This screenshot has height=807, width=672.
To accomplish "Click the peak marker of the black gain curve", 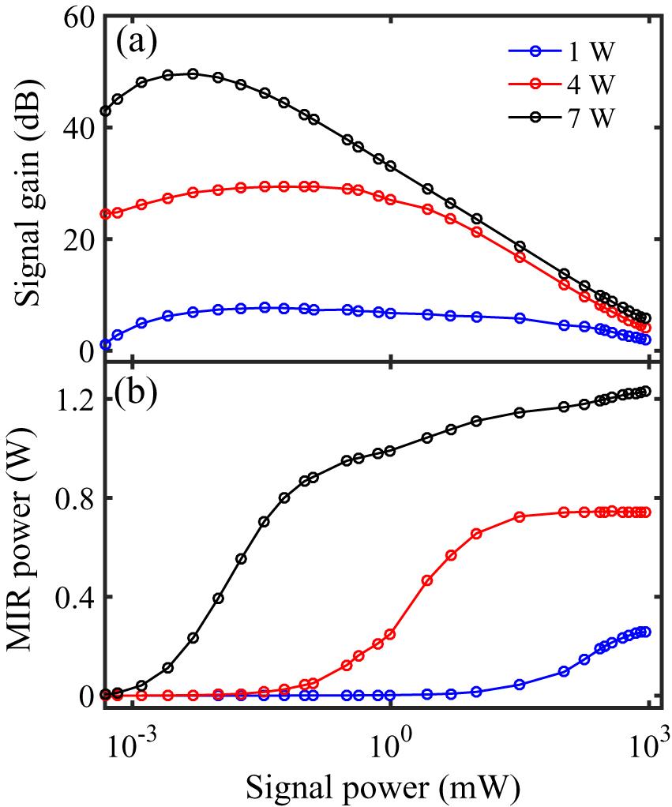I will point(193,74).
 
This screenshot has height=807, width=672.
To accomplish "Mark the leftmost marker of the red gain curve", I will point(106,214).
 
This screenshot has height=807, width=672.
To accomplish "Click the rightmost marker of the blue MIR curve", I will point(645,632).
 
